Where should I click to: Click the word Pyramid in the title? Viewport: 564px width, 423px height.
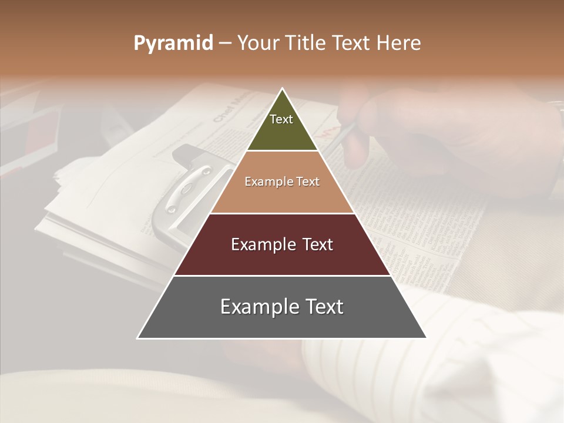173,43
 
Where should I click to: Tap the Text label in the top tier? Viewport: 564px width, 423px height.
281,119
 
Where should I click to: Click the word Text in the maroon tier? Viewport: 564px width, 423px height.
318,245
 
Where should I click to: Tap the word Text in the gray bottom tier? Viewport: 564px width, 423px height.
324,307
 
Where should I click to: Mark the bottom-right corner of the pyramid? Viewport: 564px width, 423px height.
425,338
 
